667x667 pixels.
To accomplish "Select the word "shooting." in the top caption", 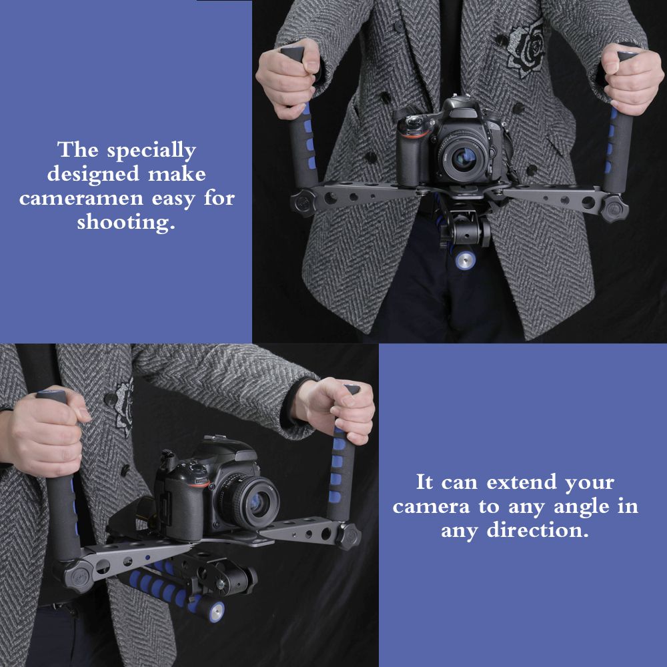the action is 126,223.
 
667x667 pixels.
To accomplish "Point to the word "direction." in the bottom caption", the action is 538,530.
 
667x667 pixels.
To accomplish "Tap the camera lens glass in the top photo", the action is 464,158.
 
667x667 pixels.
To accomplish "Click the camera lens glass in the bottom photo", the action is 255,503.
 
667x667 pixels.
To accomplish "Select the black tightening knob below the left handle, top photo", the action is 303,203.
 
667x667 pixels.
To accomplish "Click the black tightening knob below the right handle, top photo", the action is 614,208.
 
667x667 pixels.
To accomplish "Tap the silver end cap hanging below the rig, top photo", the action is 465,260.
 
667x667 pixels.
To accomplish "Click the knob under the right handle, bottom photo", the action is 348,536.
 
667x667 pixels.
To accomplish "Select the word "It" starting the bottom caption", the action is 424,482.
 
